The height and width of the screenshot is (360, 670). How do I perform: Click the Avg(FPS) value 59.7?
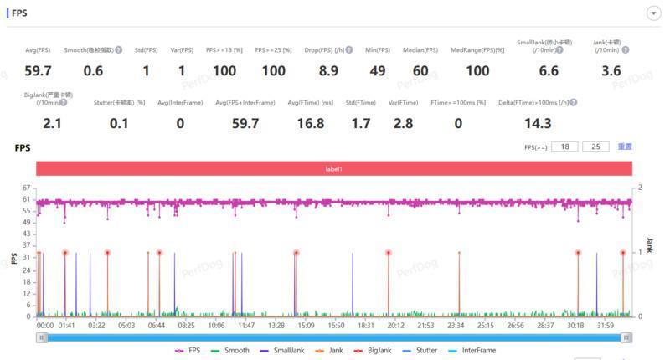point(38,71)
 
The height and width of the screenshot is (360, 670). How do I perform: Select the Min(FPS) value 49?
point(378,71)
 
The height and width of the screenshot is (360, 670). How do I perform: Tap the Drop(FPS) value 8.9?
point(328,71)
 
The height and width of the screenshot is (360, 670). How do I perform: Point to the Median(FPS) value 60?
point(420,71)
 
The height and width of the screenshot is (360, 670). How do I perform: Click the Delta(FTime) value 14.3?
point(538,124)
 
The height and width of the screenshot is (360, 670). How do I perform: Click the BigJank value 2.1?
point(51,124)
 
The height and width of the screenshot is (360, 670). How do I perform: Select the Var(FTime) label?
point(404,102)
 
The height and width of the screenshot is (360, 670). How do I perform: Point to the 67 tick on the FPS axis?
point(27,188)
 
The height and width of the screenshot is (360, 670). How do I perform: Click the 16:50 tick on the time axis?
point(336,325)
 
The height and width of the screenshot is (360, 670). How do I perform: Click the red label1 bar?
point(334,169)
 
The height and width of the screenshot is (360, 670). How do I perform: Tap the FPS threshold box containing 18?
point(565,147)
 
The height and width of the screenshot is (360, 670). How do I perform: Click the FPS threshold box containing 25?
point(595,147)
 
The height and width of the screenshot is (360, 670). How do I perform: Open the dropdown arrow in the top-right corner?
point(652,13)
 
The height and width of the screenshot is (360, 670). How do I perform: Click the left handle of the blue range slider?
point(42,337)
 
